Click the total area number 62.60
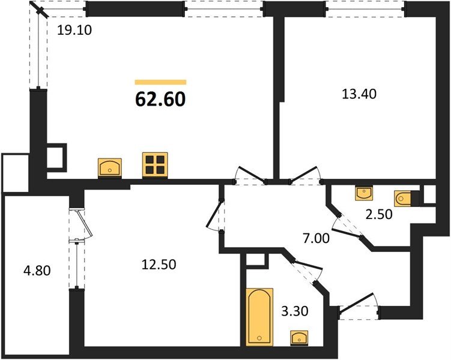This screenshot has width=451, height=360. tap(160, 98)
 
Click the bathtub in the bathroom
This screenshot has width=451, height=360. tap(259, 317)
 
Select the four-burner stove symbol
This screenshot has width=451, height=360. tap(154, 165)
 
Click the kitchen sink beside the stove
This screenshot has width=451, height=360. tap(109, 167)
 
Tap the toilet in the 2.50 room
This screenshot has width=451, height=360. tap(404, 197)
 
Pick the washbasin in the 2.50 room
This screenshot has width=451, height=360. tap(364, 194)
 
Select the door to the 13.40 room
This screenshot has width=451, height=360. tap(305, 175)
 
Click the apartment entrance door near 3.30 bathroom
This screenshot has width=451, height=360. tap(359, 306)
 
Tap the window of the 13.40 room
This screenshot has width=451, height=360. tap(365, 8)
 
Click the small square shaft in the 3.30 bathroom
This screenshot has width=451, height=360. tap(255, 260)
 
